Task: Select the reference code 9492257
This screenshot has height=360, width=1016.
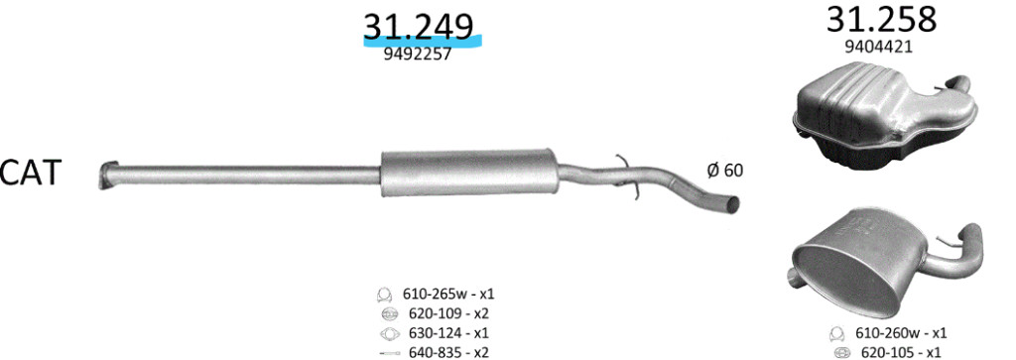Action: click(x=418, y=55)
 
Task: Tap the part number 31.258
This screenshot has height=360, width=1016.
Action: click(x=881, y=20)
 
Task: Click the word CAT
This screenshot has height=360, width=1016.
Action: click(x=30, y=173)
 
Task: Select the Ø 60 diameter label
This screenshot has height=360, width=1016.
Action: click(x=725, y=171)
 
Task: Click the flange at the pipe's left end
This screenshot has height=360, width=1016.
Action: click(x=108, y=175)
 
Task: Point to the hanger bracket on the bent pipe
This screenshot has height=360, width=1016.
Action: click(x=626, y=175)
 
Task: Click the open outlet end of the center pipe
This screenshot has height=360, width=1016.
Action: click(x=731, y=204)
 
